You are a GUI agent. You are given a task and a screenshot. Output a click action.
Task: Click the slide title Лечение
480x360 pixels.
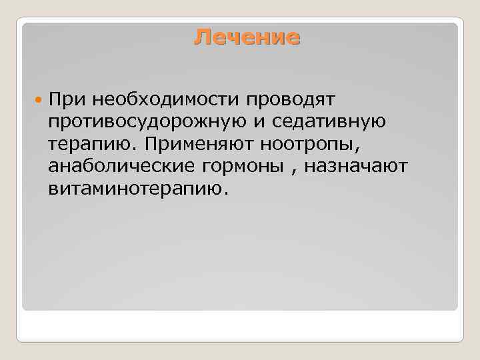[247, 37]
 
